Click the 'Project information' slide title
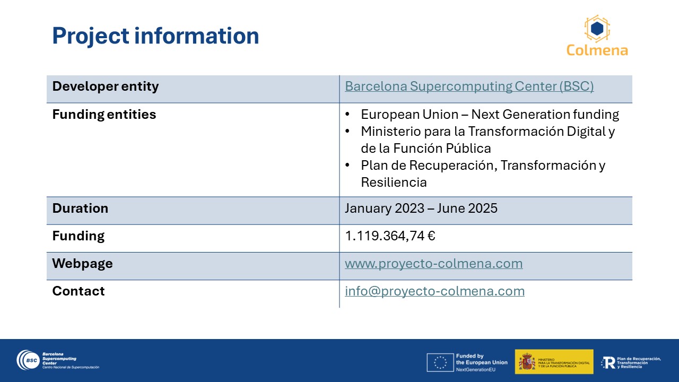click(x=155, y=36)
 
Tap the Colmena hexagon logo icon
click(x=597, y=29)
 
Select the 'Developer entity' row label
click(x=106, y=86)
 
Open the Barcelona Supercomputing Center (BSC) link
click(x=469, y=86)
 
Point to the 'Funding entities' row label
click(x=104, y=115)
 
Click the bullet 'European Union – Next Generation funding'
click(x=490, y=115)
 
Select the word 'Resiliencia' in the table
click(x=394, y=183)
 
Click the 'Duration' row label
click(x=80, y=209)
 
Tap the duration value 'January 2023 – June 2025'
click(x=421, y=209)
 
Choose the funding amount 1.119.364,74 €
click(x=390, y=236)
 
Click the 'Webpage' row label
click(x=82, y=264)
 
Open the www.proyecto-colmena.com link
click(x=434, y=264)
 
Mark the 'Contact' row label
click(x=78, y=291)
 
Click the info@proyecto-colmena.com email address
click(x=434, y=291)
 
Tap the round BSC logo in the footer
click(x=28, y=360)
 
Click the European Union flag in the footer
click(x=440, y=362)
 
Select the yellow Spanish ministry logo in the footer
click(x=554, y=362)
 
